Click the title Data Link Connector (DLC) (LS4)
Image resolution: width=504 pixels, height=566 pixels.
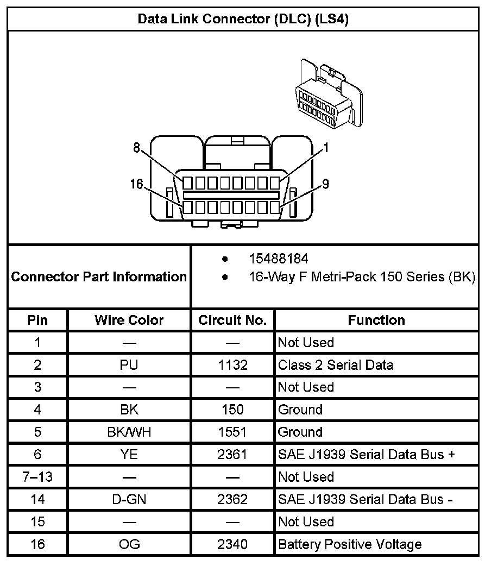point(243,20)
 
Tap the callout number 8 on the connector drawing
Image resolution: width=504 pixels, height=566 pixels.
point(137,148)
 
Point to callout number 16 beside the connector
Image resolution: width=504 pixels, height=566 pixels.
point(136,185)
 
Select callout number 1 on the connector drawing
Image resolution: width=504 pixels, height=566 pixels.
point(326,148)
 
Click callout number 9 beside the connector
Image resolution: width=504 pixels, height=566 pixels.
point(326,185)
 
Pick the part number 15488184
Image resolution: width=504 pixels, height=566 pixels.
point(278,259)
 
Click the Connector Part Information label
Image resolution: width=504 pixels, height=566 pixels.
point(99,276)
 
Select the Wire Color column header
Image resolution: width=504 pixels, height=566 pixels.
point(129,320)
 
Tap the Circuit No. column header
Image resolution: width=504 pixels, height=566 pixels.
point(232,320)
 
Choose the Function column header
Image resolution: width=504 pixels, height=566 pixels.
point(376,320)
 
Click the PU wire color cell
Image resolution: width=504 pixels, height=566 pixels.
point(129,365)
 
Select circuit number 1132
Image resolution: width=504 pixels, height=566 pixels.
point(232,365)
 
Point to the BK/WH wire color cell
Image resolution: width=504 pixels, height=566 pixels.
point(129,432)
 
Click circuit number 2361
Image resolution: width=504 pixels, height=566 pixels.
point(232,455)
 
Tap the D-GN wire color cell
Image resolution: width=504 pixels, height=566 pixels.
point(129,499)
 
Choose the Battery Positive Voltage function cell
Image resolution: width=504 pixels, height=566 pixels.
point(350,544)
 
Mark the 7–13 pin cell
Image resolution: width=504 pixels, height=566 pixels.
point(37,477)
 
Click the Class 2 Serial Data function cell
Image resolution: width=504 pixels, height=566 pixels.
point(336,365)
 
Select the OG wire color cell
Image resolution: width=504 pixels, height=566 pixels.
point(129,544)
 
